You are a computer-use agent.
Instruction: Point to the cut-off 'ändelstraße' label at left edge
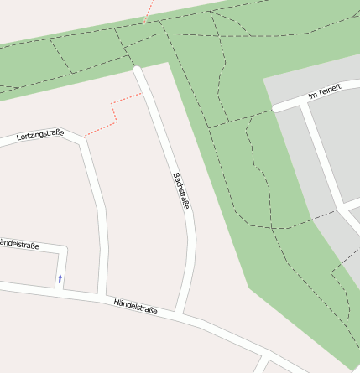point(19,245)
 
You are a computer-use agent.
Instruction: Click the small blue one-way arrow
point(60,277)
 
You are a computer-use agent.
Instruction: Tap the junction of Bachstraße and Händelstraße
point(178,313)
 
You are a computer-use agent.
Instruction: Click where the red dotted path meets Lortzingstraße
point(84,136)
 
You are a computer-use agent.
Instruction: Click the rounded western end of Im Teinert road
point(275,108)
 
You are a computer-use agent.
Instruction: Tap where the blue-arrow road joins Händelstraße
point(59,289)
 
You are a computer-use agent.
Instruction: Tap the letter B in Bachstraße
point(175,176)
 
